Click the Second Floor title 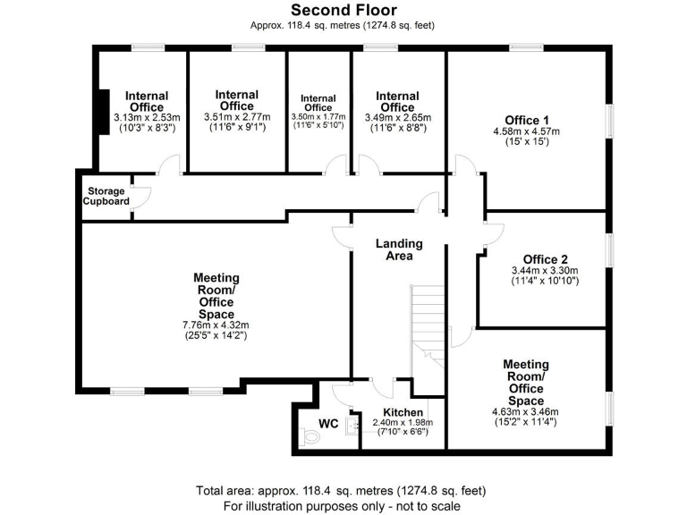343,11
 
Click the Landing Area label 399,249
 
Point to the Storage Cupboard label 106,197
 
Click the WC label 327,423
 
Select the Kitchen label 403,412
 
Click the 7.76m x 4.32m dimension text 216,325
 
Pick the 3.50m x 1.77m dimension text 318,117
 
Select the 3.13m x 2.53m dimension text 148,117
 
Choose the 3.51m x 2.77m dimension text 237,117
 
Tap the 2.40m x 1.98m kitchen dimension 403,422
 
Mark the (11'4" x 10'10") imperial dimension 546,282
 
